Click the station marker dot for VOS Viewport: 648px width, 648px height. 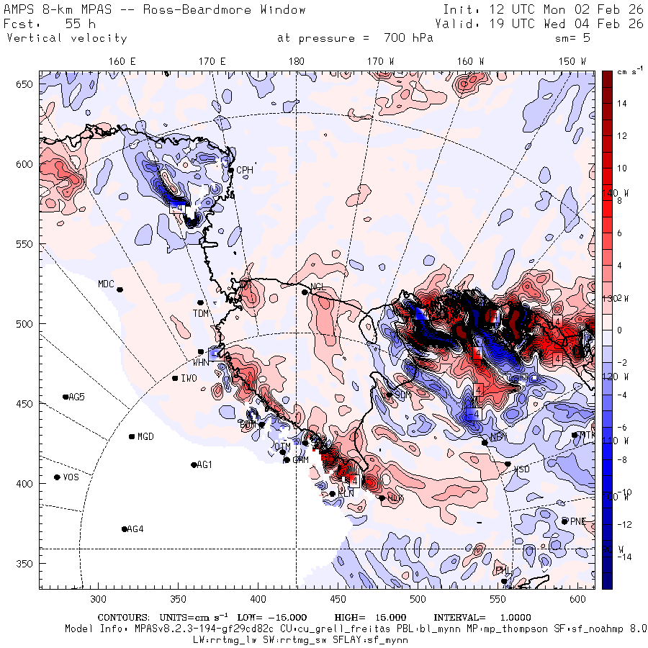pyautogui.click(x=57, y=477)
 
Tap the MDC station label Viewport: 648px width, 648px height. pyautogui.click(x=107, y=284)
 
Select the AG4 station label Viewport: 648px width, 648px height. pyautogui.click(x=135, y=529)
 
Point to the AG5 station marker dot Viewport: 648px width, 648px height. pyautogui.click(x=66, y=397)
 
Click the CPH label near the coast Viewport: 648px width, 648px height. pyautogui.click(x=245, y=171)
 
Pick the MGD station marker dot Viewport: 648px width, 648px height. pyautogui.click(x=132, y=436)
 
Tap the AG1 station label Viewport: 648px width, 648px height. pyautogui.click(x=204, y=465)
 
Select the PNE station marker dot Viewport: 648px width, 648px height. pyautogui.click(x=564, y=521)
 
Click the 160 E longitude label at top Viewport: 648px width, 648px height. pyautogui.click(x=122, y=62)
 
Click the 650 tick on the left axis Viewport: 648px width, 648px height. pyautogui.click(x=27, y=85)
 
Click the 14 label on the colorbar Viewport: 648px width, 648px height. pyautogui.click(x=621, y=104)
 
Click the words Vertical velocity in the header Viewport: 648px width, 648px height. pyautogui.click(x=67, y=38)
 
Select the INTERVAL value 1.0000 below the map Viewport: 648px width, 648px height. pyautogui.click(x=510, y=618)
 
